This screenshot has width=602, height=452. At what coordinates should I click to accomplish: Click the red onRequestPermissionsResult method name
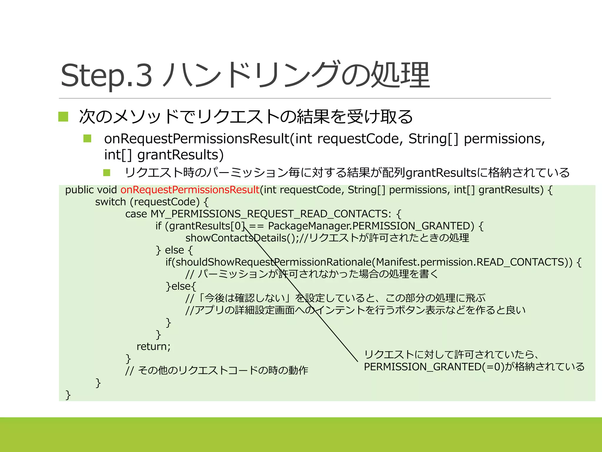pos(190,190)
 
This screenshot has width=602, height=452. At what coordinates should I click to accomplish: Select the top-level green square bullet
pos(63,117)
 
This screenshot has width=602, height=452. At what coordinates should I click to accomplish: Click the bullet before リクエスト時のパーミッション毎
pos(107,172)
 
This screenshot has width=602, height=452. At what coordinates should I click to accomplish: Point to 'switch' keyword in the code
pos(110,202)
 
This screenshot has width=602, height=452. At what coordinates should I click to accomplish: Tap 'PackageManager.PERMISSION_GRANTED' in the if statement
pos(371,226)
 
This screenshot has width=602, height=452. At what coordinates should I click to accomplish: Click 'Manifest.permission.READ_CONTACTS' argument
pos(474,262)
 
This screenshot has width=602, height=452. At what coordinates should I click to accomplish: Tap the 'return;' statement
pos(153,346)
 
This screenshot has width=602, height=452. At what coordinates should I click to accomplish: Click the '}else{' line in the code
pos(180,286)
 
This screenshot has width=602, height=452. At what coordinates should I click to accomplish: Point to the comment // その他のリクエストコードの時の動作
pos(217,370)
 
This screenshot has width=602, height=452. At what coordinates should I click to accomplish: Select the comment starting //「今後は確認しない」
pos(335,298)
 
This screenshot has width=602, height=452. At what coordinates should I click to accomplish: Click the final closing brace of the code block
pos(68,395)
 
